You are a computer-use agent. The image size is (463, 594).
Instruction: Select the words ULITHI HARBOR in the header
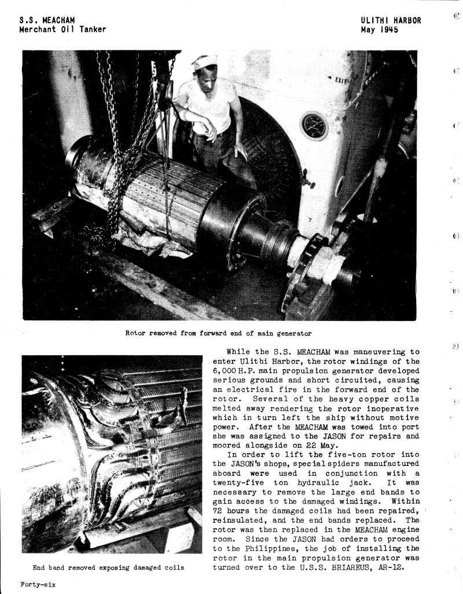pyautogui.click(x=391, y=21)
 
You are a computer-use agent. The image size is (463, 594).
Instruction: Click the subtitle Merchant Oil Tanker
pyautogui.click(x=63, y=30)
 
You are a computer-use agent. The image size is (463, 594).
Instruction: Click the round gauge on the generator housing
pyautogui.click(x=314, y=126)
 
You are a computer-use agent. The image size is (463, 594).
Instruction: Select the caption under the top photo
pyautogui.click(x=218, y=333)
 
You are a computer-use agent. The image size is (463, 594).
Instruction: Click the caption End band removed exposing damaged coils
pyautogui.click(x=109, y=567)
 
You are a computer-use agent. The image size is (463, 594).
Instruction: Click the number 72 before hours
pyautogui.click(x=218, y=510)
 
